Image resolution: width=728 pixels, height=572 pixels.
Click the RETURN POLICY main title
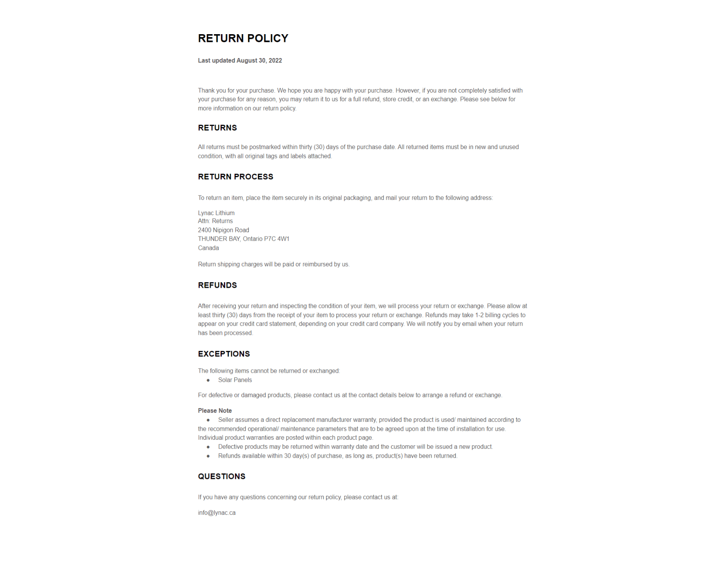[x=243, y=38]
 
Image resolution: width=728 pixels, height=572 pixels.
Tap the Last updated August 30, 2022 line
[x=240, y=61]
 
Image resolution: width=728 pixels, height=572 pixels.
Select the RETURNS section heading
[x=217, y=128]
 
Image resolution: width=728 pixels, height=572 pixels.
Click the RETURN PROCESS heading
[x=235, y=177]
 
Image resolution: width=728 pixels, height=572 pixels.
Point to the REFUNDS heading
[x=217, y=285]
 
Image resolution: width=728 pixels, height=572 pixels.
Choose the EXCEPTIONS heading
[x=224, y=354]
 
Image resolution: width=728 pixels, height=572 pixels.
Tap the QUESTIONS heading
[x=221, y=476]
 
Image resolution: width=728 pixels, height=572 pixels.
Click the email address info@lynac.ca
[x=217, y=513]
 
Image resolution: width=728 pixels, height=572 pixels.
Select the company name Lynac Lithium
[x=216, y=213]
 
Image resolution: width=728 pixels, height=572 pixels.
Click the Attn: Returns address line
[x=215, y=221]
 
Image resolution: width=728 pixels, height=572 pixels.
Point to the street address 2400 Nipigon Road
[x=223, y=230]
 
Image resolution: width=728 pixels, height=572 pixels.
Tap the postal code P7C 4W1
[x=276, y=239]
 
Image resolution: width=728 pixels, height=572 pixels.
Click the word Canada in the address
[x=209, y=248]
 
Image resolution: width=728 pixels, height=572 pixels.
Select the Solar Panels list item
[x=235, y=380]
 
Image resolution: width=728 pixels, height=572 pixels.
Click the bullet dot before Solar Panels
[x=208, y=380]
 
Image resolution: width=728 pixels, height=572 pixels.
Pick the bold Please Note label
[x=215, y=411]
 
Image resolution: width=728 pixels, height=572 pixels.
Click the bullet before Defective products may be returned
[x=208, y=447]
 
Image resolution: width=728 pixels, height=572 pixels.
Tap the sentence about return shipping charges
[x=273, y=264]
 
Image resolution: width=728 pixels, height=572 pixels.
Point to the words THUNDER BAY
[x=219, y=239]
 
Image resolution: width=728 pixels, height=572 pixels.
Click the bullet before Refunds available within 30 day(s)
[x=208, y=456]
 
